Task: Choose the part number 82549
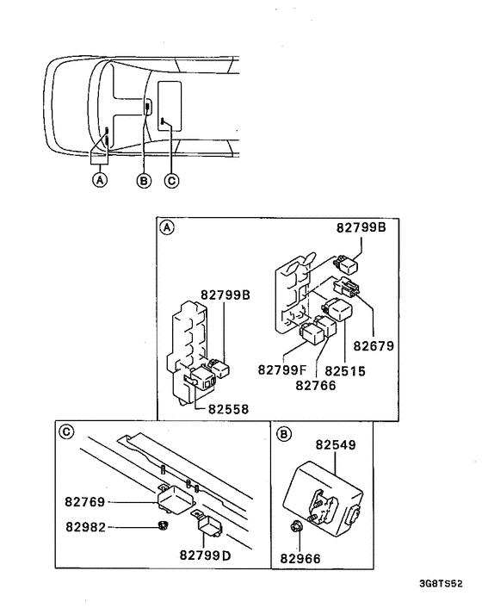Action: coord(335,447)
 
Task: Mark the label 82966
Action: coord(300,559)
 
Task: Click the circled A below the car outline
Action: coord(100,180)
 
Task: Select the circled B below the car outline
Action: coord(144,180)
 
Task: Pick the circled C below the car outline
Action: coord(171,180)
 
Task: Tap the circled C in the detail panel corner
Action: coord(65,432)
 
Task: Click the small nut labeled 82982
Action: coord(161,526)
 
